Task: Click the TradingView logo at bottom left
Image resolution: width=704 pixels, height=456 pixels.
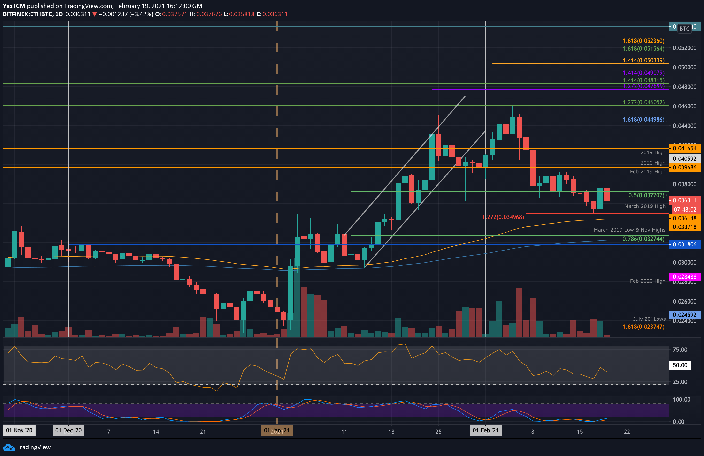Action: pos(27,447)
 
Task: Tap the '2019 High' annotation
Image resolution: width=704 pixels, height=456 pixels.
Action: pos(652,152)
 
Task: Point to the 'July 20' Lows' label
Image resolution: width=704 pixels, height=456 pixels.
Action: pos(649,319)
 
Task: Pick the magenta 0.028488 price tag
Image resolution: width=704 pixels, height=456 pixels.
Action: pos(684,277)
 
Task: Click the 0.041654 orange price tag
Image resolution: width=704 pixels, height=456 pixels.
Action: pos(684,148)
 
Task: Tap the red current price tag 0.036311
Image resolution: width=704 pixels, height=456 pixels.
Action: pos(684,200)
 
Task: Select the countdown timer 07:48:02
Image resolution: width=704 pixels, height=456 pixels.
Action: pos(684,210)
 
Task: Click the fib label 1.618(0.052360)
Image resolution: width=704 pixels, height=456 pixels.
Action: pos(643,41)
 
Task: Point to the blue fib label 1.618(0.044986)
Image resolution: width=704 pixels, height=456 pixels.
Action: pos(643,120)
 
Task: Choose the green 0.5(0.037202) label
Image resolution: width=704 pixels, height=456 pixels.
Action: pos(646,195)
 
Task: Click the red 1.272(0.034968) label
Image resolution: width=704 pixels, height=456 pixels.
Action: pos(503,217)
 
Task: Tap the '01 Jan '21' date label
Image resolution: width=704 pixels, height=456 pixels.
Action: pos(276,430)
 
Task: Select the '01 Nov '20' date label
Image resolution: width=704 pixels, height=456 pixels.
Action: pos(19,430)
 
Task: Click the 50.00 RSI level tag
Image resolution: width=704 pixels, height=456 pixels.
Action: pos(680,365)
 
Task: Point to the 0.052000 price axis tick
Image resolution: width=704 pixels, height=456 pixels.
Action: pos(684,48)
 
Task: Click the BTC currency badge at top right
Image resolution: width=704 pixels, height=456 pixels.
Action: pos(684,29)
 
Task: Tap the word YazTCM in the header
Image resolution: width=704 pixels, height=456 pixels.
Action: pos(14,6)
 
